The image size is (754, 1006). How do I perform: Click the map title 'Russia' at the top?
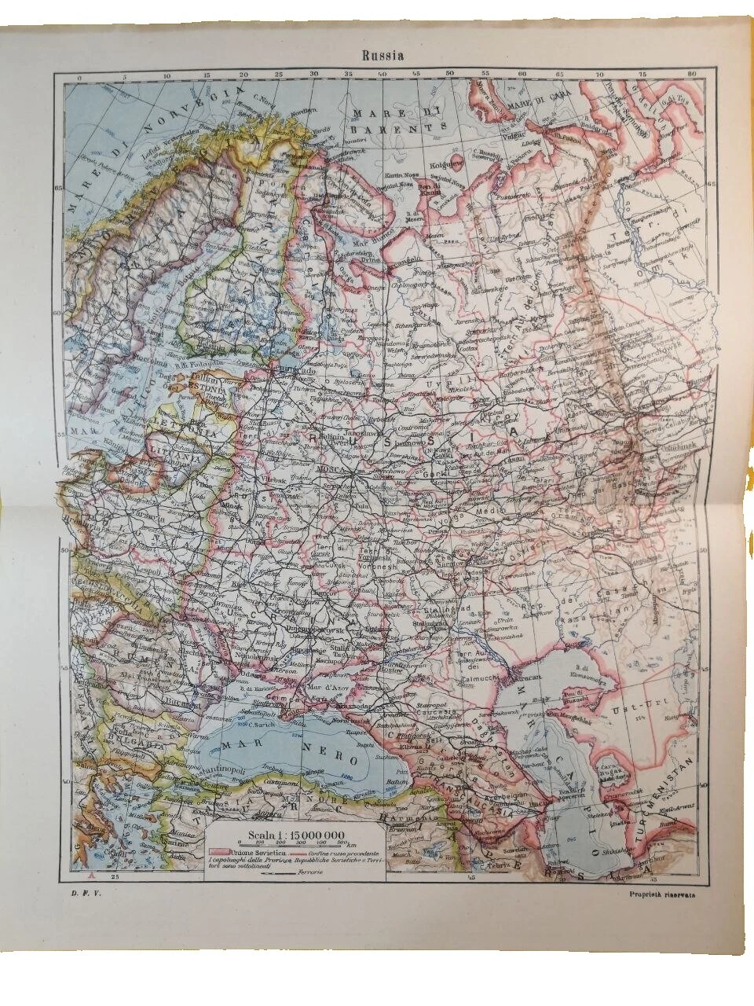[x=382, y=56]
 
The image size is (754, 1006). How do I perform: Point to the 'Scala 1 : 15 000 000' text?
[x=283, y=835]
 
